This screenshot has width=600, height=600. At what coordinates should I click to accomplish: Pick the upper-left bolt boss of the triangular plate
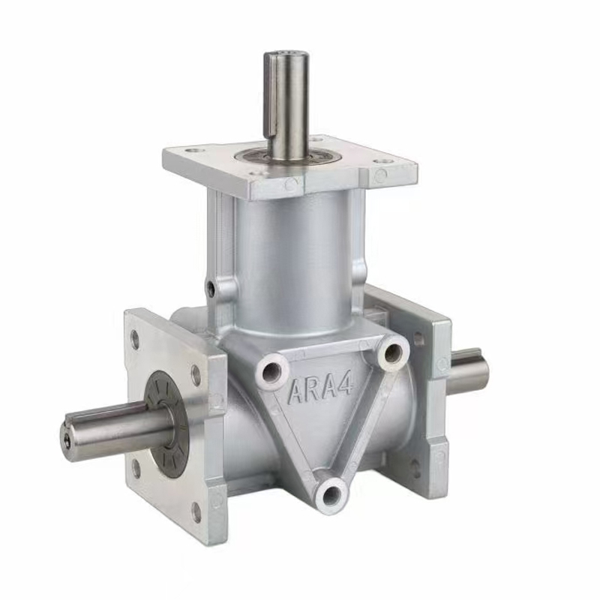(271, 373)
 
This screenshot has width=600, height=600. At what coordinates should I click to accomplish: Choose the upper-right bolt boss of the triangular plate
(392, 350)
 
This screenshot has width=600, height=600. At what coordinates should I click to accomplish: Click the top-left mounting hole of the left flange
(135, 339)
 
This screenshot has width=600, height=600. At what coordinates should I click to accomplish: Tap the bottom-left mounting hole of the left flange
(136, 468)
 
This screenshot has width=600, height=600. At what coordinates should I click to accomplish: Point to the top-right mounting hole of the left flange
(196, 375)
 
